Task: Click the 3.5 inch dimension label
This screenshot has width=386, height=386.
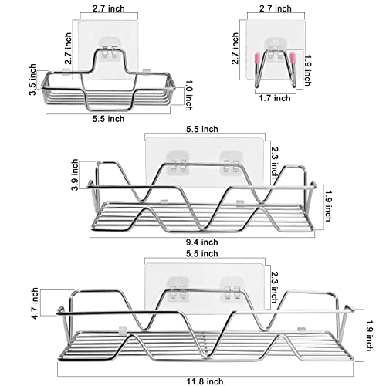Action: click(32, 80)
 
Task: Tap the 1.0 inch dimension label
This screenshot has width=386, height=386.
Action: click(189, 95)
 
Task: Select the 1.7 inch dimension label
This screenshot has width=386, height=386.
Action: click(275, 98)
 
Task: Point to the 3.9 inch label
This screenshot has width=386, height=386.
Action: click(75, 174)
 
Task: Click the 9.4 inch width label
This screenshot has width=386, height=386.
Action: click(202, 242)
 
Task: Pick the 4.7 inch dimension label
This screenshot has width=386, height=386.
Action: click(35, 303)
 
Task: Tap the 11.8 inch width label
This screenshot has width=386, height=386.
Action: click(205, 381)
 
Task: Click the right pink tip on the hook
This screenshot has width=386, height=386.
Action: click(293, 57)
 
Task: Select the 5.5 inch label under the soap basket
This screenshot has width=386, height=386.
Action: click(108, 119)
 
